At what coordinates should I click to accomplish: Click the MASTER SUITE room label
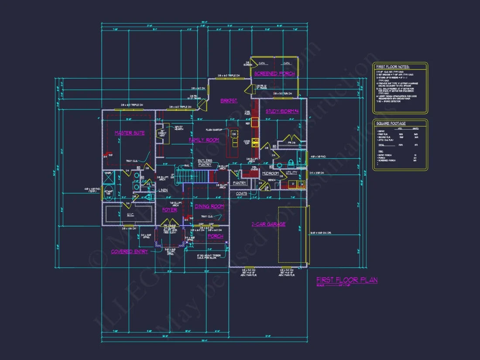(x=129, y=133)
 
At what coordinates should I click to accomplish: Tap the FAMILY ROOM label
(x=204, y=140)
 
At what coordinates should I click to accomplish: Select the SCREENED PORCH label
(x=274, y=74)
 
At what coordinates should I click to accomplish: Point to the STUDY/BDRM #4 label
(x=282, y=111)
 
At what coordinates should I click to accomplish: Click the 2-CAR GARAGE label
(x=268, y=224)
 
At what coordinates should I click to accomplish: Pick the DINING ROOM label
(x=209, y=206)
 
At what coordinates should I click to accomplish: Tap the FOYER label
(x=170, y=210)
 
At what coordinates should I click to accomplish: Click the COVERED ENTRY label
(x=129, y=252)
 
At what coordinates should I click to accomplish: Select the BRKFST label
(x=229, y=101)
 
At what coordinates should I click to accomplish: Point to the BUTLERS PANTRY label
(x=205, y=163)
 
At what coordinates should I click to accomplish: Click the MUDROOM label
(x=271, y=174)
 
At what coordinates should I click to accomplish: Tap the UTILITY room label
(x=291, y=173)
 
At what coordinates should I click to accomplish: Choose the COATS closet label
(x=242, y=193)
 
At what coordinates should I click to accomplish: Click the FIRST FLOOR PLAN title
(x=347, y=280)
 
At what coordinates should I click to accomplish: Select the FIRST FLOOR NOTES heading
(x=393, y=67)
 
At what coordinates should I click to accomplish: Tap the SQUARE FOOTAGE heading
(x=391, y=123)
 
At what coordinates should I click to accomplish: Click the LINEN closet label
(x=163, y=190)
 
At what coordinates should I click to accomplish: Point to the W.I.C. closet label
(x=118, y=214)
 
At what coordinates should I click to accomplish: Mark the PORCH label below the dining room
(x=216, y=236)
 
